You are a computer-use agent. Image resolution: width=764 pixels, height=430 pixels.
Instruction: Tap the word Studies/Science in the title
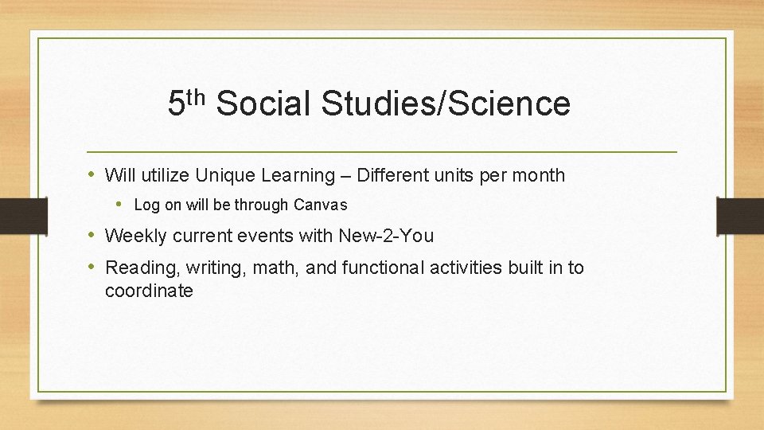pyautogui.click(x=446, y=104)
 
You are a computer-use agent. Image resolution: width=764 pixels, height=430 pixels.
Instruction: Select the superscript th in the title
pyautogui.click(x=197, y=97)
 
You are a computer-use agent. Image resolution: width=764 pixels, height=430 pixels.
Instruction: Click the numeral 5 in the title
pyautogui.click(x=177, y=104)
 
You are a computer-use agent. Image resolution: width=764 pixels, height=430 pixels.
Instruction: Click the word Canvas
pyautogui.click(x=321, y=205)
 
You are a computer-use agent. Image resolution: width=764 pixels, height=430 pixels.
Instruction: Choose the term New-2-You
pyautogui.click(x=386, y=236)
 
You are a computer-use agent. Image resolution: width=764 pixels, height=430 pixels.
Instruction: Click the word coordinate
pyautogui.click(x=149, y=291)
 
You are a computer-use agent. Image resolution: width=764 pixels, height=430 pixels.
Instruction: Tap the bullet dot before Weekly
pyautogui.click(x=92, y=235)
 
